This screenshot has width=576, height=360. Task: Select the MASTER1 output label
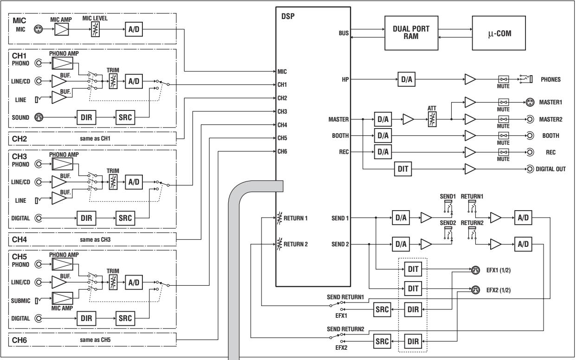click(x=551, y=102)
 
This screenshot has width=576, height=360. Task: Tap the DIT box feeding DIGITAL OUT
click(x=403, y=169)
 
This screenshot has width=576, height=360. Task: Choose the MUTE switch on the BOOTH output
click(x=503, y=136)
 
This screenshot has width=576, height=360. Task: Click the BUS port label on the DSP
click(x=343, y=33)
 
